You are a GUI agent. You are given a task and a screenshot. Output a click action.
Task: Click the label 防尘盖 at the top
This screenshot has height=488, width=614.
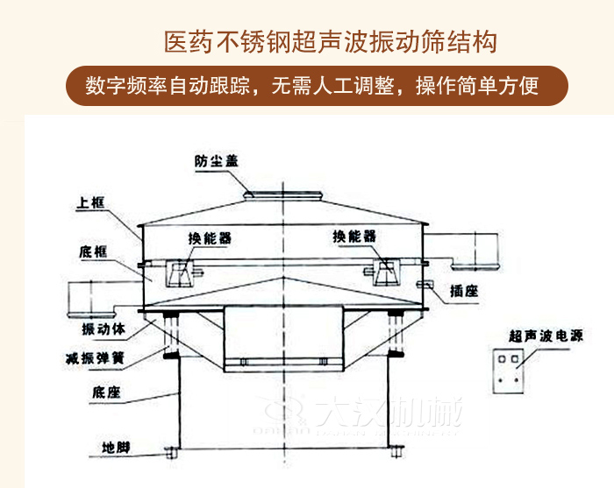pyautogui.click(x=217, y=160)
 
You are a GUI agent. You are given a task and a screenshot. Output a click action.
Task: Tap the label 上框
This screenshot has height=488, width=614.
pyautogui.click(x=91, y=204)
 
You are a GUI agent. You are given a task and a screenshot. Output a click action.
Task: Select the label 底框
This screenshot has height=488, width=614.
pyautogui.click(x=91, y=251)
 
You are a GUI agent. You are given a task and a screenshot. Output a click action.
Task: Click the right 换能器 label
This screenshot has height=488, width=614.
pyautogui.click(x=354, y=236)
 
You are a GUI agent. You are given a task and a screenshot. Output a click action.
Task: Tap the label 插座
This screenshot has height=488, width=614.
pyautogui.click(x=463, y=293)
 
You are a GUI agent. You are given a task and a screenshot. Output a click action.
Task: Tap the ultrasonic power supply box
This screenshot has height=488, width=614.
pyautogui.click(x=509, y=369)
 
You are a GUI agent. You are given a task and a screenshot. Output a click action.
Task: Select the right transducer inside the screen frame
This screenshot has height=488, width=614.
pyautogui.click(x=385, y=272)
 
